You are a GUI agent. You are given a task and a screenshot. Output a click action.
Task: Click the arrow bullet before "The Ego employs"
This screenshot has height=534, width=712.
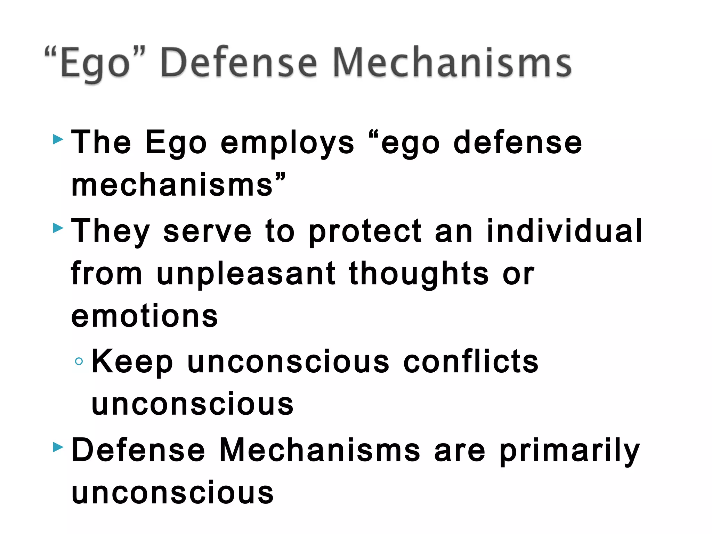click(x=58, y=140)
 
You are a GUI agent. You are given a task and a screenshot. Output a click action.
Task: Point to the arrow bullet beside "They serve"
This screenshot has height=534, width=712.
click(x=58, y=228)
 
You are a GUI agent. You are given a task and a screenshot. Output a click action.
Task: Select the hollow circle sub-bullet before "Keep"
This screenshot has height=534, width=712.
click(x=79, y=362)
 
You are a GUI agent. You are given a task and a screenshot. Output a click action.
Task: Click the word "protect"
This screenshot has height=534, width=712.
click(x=365, y=232)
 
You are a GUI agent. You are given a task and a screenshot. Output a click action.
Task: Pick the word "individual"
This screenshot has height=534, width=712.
click(x=564, y=231)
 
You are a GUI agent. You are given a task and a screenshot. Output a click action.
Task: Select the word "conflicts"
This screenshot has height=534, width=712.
click(x=471, y=362)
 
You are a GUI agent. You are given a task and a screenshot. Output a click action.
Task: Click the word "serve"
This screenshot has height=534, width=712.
click(x=207, y=232)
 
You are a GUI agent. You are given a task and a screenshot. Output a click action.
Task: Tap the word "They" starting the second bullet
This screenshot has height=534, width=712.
click(x=111, y=232)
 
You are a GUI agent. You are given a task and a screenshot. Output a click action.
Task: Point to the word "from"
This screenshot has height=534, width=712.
click(x=106, y=274)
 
